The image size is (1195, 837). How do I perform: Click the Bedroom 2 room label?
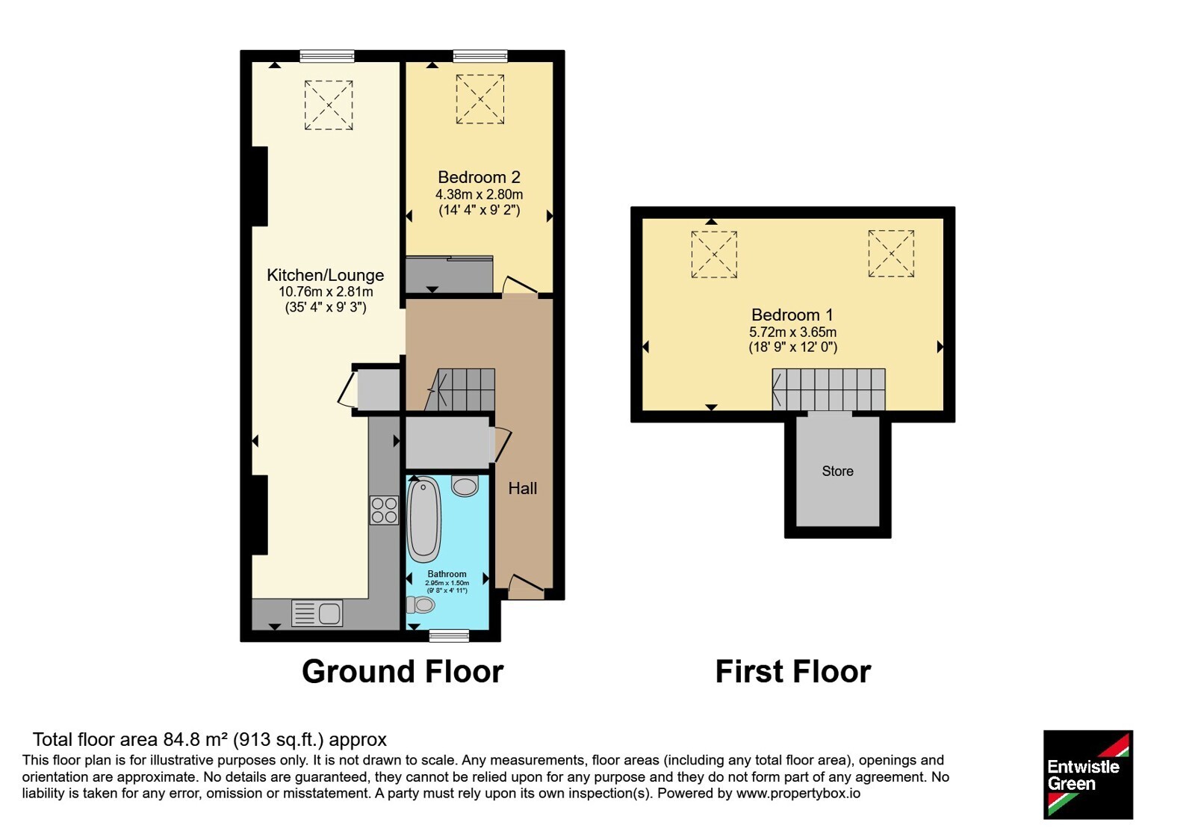(479, 176)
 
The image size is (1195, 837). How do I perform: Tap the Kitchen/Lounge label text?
(325, 275)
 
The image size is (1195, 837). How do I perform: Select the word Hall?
(522, 488)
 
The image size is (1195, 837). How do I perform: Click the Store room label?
(837, 471)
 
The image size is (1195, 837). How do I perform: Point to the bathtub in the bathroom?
(424, 519)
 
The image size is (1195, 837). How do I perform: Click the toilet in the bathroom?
(420, 605)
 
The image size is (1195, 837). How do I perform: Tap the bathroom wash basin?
(465, 486)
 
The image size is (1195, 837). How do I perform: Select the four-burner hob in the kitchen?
(384, 510)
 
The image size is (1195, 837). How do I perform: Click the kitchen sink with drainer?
(317, 614)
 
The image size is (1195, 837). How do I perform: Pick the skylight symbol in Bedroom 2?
(480, 99)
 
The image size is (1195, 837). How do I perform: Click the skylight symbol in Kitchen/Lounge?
(329, 105)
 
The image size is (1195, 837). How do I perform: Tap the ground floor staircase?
(461, 389)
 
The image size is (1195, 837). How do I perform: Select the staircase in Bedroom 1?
(828, 389)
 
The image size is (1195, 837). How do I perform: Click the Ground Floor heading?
(403, 672)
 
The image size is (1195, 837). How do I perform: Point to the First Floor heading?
(792, 672)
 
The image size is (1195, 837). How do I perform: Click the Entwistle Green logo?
(1088, 774)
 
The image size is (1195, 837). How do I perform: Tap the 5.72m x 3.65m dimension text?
(792, 332)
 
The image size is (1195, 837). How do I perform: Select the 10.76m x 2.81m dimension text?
(326, 292)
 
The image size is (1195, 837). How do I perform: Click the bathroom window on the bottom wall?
(449, 635)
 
